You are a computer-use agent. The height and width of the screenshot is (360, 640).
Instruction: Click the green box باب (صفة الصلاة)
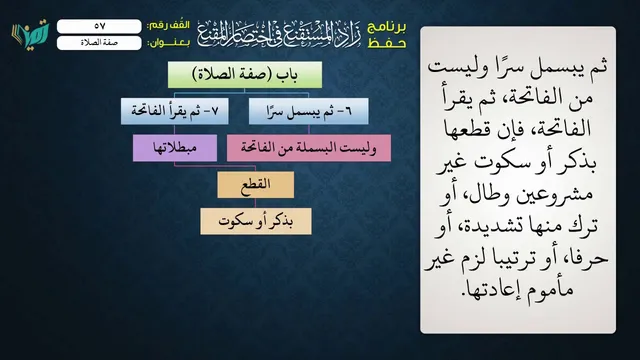pyautogui.click(x=245, y=75)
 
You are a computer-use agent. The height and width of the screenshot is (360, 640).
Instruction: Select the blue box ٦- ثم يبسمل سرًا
pyautogui.click(x=309, y=111)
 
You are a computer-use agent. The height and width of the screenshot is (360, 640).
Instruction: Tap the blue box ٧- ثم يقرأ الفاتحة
pyautogui.click(x=175, y=111)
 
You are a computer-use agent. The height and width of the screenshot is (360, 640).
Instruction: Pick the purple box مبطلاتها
pyautogui.click(x=175, y=148)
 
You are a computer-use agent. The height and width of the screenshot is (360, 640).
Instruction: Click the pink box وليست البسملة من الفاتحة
pyautogui.click(x=309, y=148)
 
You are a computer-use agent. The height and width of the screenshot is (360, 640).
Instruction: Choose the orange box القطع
pyautogui.click(x=256, y=185)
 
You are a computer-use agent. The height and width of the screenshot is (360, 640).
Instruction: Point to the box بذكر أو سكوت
pyautogui.click(x=256, y=221)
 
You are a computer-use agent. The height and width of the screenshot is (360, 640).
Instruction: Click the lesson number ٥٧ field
pyautogui.click(x=99, y=26)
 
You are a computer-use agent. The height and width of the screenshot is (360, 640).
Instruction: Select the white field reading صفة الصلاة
pyautogui.click(x=99, y=43)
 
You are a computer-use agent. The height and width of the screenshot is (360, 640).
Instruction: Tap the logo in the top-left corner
pyautogui.click(x=30, y=34)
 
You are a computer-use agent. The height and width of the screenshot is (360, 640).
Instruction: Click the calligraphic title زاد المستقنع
pyautogui.click(x=279, y=34)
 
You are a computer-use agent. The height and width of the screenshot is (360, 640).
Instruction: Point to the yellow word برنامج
pyautogui.click(x=387, y=27)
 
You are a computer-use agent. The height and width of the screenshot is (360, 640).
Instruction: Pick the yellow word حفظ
pyautogui.click(x=387, y=43)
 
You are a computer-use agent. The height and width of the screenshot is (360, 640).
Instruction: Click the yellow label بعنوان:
pyautogui.click(x=169, y=43)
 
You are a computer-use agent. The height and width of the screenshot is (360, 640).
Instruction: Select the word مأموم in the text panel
pyautogui.click(x=553, y=289)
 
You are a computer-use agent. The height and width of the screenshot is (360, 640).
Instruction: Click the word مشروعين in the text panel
pyautogui.click(x=554, y=194)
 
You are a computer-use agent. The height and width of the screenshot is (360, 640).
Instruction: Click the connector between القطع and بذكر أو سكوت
pyautogui.click(x=256, y=203)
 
